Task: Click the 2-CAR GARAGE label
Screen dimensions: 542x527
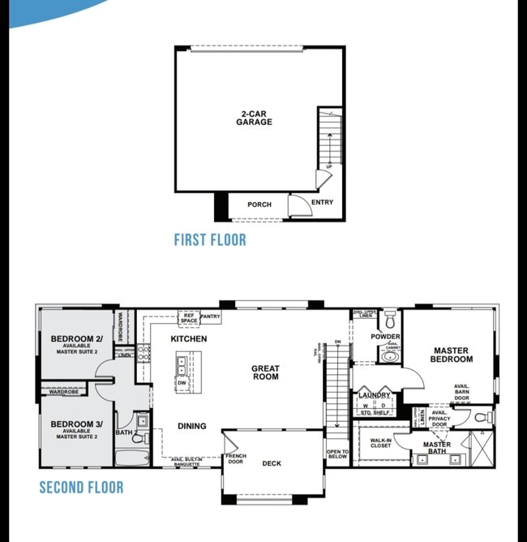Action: [254, 118]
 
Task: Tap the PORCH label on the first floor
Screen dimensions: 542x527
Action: [259, 204]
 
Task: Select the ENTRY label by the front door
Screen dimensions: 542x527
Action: [322, 203]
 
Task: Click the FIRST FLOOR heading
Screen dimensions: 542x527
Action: [210, 240]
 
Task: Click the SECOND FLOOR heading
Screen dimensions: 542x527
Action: [82, 488]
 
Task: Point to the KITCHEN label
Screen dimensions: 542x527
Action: [188, 338]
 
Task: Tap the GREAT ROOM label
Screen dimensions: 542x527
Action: [265, 372]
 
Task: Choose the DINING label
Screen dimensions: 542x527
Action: [191, 426]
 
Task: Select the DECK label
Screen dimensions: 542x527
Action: [272, 464]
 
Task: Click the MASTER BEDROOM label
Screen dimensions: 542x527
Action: [451, 355]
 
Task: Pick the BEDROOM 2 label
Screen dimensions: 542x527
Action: [76, 339]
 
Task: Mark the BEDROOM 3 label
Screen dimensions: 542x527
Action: [76, 424]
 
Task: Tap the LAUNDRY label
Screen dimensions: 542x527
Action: [375, 395]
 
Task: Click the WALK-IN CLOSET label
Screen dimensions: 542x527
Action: [380, 442]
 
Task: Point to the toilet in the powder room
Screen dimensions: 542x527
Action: [390, 317]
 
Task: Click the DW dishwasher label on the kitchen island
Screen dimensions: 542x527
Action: [182, 383]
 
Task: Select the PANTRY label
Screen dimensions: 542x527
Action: [210, 316]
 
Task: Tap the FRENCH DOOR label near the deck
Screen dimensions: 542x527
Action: [236, 459]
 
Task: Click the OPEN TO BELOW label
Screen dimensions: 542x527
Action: [337, 454]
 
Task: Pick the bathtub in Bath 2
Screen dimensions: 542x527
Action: [131, 458]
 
